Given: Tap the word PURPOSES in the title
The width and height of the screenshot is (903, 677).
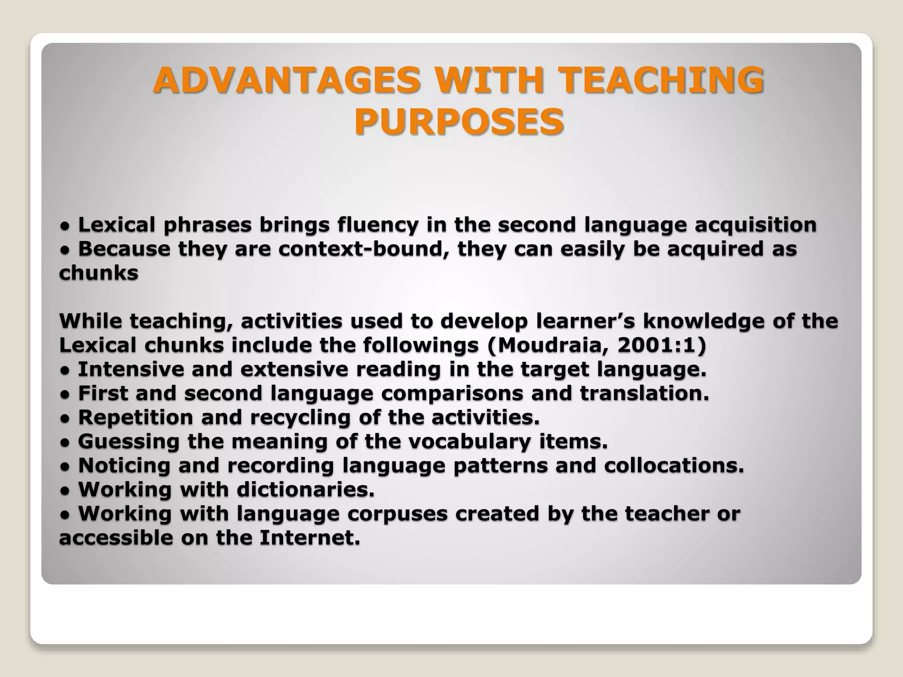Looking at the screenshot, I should tap(459, 121).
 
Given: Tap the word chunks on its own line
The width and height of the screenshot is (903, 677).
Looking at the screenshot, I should tap(99, 273).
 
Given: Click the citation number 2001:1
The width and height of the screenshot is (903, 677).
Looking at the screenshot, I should tap(657, 346).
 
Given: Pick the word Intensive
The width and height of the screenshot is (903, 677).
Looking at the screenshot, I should tap(131, 369).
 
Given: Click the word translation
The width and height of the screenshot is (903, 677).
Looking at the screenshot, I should tap(644, 393).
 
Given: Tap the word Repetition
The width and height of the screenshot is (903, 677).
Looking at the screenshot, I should tap(136, 417).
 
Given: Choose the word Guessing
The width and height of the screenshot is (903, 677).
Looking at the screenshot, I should tap(129, 441).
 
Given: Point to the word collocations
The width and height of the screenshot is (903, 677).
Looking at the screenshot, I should tap(674, 465).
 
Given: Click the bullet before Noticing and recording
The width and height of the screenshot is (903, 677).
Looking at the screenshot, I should tap(64, 466).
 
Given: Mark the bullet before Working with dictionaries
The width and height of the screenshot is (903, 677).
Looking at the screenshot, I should tap(64, 490).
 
